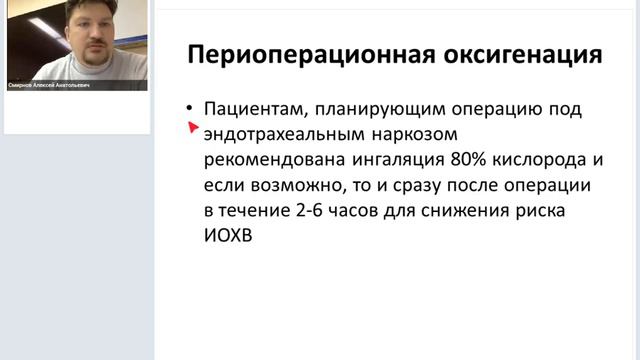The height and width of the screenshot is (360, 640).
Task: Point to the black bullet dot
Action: point(188,108)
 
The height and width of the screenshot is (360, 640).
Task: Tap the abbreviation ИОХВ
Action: point(229,239)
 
